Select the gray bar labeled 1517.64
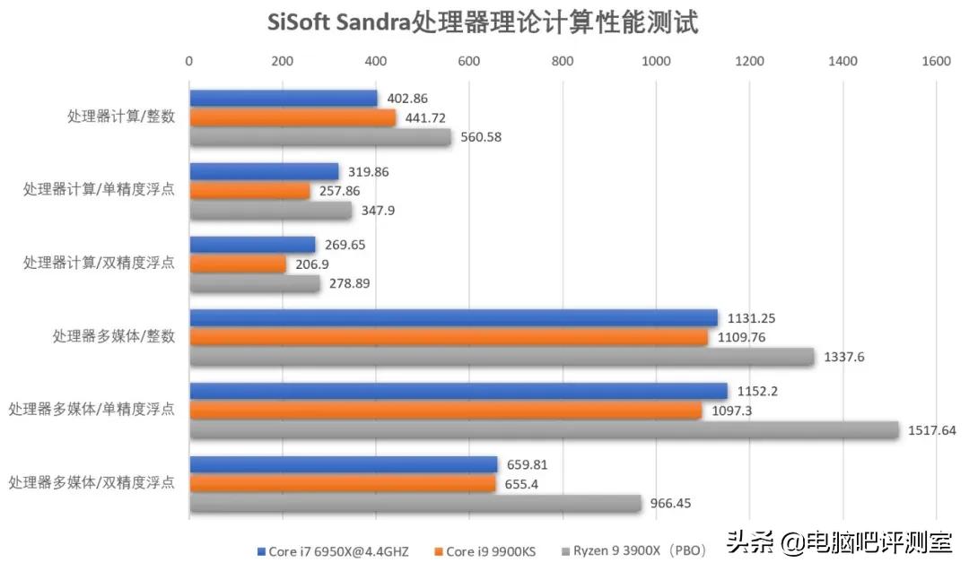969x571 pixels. (x=544, y=430)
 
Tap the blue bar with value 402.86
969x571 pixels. (x=283, y=99)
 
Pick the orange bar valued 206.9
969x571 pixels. (x=237, y=264)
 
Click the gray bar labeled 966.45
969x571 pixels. (x=415, y=504)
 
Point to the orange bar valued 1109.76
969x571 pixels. (x=448, y=338)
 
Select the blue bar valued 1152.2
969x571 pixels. (x=458, y=392)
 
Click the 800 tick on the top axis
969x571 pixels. (x=563, y=61)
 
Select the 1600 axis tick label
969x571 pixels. (x=936, y=61)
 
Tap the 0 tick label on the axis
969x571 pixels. (x=188, y=61)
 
